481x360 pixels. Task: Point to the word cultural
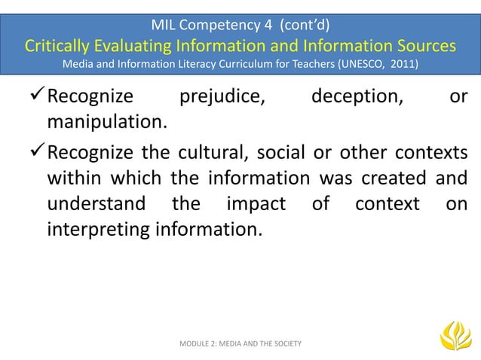pos(203,156)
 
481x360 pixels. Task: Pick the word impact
pos(256,204)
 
